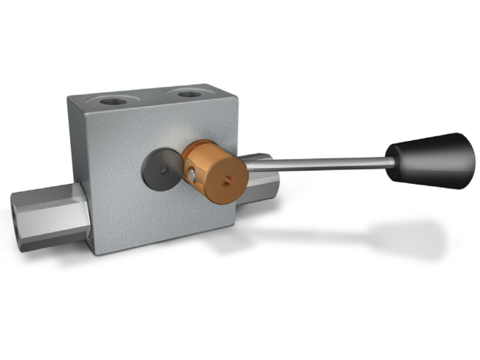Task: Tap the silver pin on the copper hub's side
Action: (x=190, y=174)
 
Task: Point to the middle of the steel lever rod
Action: (x=318, y=161)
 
